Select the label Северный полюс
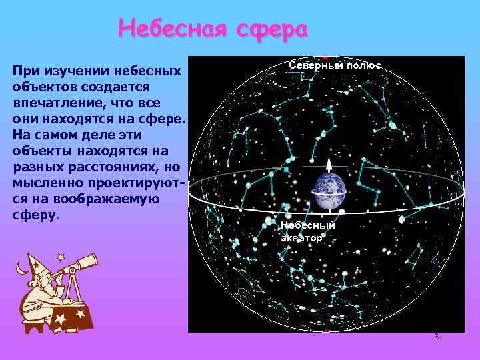pos(335,65)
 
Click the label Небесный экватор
pos(307,231)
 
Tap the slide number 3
pos(437,337)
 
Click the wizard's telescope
pos(77,265)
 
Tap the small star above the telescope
pos(61,255)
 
